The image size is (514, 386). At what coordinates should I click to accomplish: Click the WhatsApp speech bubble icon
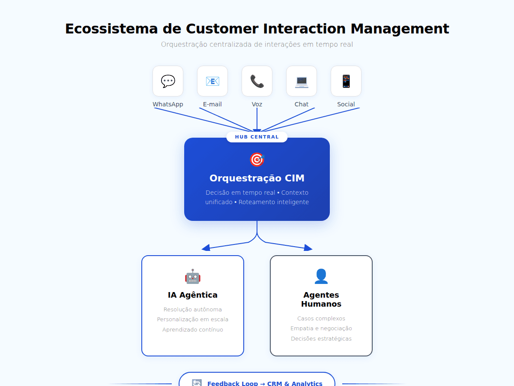point(168,81)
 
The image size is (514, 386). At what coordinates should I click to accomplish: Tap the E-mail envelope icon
point(212,81)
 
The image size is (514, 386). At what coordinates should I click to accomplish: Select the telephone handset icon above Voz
point(257,81)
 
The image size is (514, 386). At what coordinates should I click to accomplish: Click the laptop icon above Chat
point(302,82)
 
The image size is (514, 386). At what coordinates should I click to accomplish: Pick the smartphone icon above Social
point(346,81)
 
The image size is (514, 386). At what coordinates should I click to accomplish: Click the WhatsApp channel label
point(168,104)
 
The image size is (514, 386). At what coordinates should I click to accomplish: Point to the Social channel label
point(346,104)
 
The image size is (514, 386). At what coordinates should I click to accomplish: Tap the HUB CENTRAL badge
point(257,137)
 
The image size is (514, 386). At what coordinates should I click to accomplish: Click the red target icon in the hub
point(257,160)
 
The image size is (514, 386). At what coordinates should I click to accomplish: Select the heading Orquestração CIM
point(257,178)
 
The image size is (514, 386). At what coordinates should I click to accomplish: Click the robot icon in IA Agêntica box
point(193,276)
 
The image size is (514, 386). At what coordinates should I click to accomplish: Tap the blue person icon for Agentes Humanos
point(321,276)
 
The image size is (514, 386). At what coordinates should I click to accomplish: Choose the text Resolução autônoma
point(193,310)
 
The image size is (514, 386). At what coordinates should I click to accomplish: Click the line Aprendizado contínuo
point(193,330)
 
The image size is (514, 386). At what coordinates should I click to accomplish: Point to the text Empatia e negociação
point(321,329)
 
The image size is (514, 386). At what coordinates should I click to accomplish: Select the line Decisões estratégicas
point(321,339)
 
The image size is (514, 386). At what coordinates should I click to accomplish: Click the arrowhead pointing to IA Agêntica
point(206,248)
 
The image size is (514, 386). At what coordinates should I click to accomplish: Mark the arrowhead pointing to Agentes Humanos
point(308,248)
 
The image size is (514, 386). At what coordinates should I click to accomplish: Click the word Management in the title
point(400,29)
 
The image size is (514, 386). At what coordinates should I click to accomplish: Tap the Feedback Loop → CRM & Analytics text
point(265,383)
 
